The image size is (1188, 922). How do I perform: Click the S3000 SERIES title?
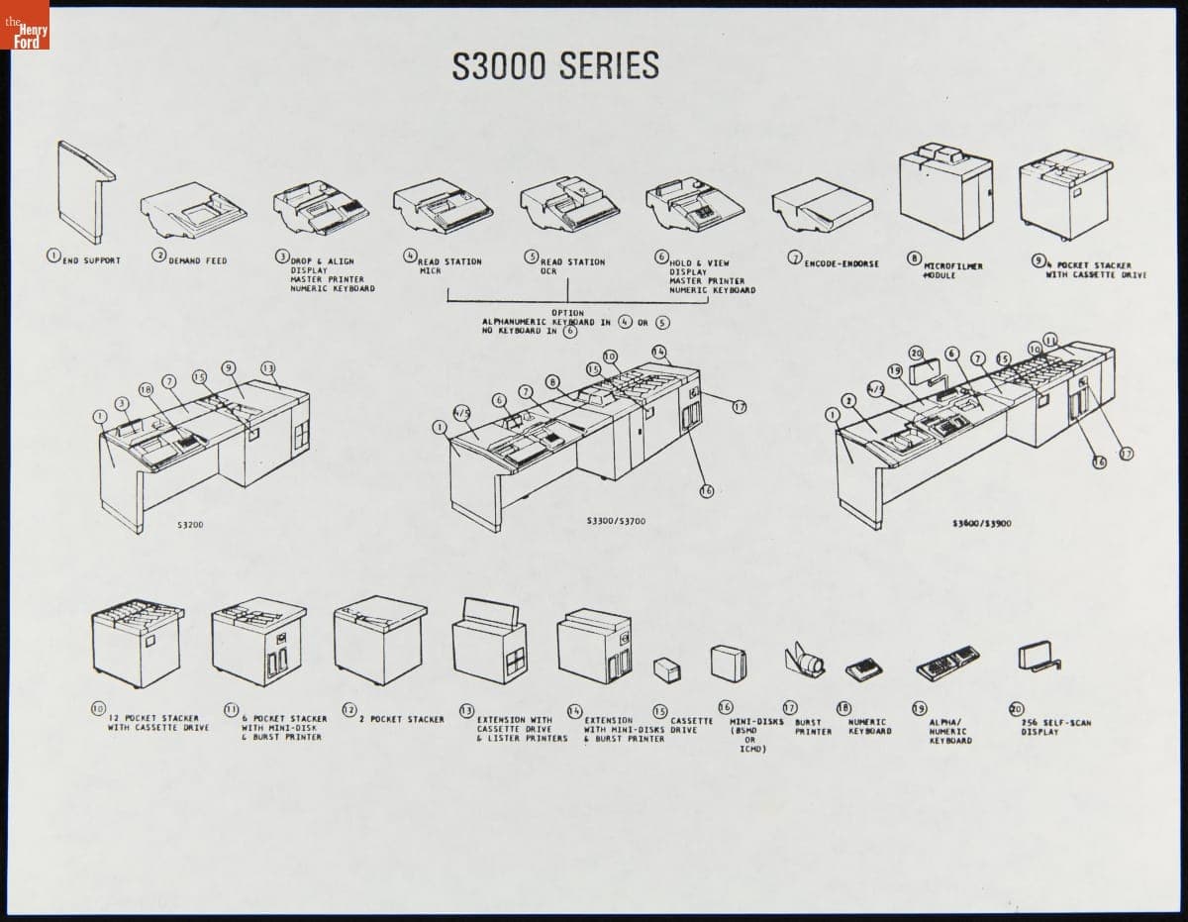click(x=555, y=66)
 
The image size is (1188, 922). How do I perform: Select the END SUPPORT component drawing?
click(x=84, y=190)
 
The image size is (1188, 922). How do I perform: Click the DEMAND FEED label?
click(x=197, y=260)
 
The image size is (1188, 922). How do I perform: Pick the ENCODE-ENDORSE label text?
click(x=841, y=264)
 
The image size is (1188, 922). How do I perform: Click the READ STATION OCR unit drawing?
click(x=569, y=203)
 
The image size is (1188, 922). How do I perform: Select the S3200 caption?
click(x=190, y=523)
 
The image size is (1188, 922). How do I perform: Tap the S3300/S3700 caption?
click(x=616, y=521)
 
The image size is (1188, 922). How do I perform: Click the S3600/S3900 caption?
click(x=981, y=523)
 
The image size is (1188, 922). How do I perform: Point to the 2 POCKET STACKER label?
click(x=401, y=719)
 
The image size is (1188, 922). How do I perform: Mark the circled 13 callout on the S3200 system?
click(x=267, y=368)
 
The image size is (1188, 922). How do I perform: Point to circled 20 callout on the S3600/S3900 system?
click(x=916, y=353)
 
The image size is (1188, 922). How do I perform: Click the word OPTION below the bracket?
click(x=566, y=313)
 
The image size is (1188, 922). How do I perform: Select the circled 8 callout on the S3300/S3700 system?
click(x=552, y=381)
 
